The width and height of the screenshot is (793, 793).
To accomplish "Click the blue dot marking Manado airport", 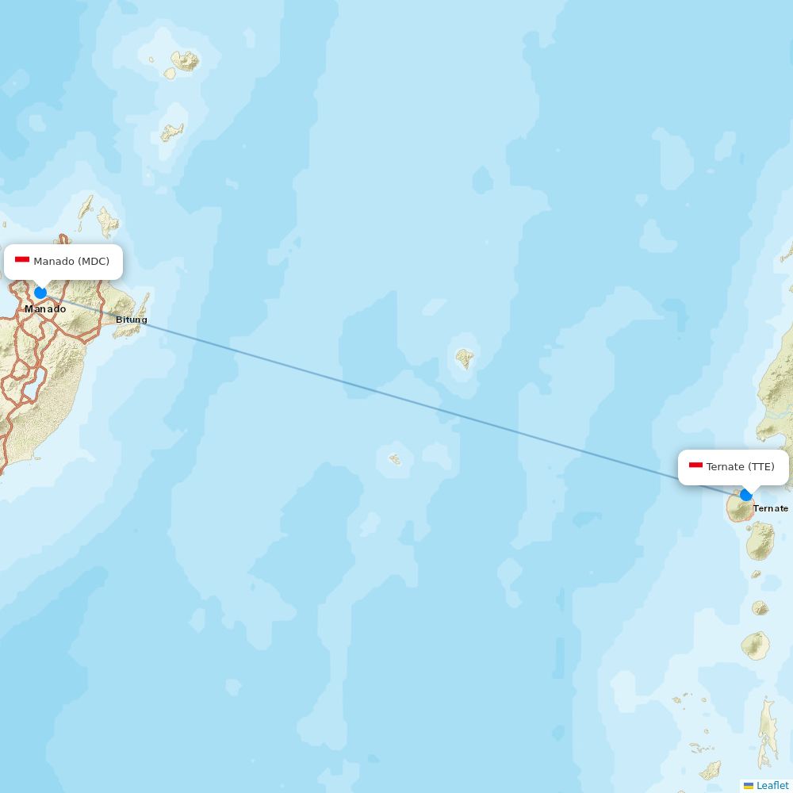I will click(x=40, y=293).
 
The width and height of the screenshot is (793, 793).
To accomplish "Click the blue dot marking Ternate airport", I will click(x=745, y=495).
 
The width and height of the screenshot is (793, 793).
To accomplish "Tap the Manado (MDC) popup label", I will click(x=63, y=262).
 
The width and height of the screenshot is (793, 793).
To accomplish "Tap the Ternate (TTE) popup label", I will click(x=734, y=467).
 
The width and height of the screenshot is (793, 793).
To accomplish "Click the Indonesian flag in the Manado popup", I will click(x=22, y=261).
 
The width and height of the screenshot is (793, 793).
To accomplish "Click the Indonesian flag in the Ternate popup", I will click(x=695, y=466).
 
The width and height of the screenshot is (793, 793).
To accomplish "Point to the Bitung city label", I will click(x=132, y=320).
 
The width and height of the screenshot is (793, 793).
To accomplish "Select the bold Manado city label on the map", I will click(x=45, y=308).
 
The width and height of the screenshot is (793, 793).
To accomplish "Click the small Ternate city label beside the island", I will click(x=770, y=508).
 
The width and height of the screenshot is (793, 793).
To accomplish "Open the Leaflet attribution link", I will click(x=772, y=785).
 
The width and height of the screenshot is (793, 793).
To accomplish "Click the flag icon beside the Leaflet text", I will click(x=749, y=785).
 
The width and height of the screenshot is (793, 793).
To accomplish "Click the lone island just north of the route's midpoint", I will click(x=465, y=358).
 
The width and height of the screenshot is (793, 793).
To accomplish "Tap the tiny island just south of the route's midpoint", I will click(x=395, y=459).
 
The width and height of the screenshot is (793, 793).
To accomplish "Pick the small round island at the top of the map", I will click(x=186, y=60).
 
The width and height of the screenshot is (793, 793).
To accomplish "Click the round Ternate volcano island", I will click(x=740, y=509).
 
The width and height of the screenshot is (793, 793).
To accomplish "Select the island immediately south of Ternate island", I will click(x=760, y=541).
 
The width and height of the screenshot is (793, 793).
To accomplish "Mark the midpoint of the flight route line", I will click(x=393, y=394).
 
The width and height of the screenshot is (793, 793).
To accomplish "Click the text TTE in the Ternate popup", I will click(x=760, y=467).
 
